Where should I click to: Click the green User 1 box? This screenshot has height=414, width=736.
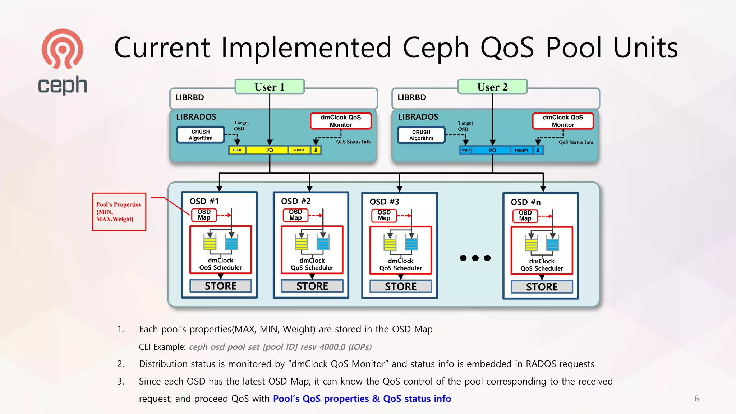click(x=270, y=87)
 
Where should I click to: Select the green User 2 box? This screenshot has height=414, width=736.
click(x=492, y=87)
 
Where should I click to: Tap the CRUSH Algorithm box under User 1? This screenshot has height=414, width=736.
click(x=201, y=135)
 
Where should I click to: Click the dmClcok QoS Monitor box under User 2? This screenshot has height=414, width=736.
click(x=563, y=121)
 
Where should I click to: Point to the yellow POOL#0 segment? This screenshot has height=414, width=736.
click(x=299, y=150)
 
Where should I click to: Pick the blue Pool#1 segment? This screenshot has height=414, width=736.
click(x=521, y=150)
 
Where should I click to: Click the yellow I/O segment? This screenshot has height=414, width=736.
click(x=269, y=150)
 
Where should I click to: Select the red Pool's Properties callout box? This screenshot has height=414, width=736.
click(x=119, y=212)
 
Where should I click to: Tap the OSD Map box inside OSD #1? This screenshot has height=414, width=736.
click(x=204, y=215)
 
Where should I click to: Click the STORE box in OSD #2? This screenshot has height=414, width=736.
click(x=312, y=286)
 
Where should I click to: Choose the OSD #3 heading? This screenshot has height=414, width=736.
click(x=384, y=202)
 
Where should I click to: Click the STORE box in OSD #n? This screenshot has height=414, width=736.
click(x=542, y=287)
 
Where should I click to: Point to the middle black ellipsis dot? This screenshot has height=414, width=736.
click(x=475, y=258)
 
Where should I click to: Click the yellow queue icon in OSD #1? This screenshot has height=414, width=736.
click(x=210, y=243)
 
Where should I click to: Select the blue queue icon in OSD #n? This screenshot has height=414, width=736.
click(x=552, y=244)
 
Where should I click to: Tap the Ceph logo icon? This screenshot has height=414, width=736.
click(x=63, y=49)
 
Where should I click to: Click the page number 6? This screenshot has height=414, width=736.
click(x=696, y=399)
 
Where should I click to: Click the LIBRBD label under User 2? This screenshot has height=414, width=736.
click(x=411, y=97)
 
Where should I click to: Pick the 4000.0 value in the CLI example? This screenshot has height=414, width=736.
click(x=332, y=347)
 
